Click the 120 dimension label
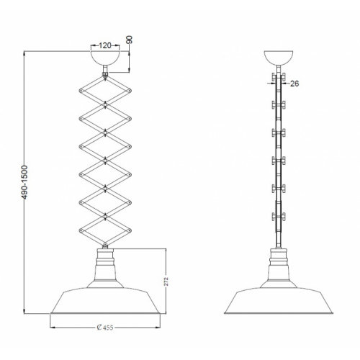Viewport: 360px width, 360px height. (x=105, y=45)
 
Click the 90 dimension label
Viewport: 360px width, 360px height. (x=130, y=40)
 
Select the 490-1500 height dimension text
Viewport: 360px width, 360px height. (x=24, y=182)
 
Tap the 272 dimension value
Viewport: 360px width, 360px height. (x=166, y=282)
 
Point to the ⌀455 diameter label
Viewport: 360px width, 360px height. (x=105, y=328)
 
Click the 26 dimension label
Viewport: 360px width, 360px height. (x=294, y=84)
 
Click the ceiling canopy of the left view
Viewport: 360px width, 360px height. (x=105, y=58)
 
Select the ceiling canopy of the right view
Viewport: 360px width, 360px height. (x=279, y=58)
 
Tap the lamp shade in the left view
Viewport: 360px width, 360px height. (x=105, y=300)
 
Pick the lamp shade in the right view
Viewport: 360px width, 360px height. (x=279, y=300)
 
